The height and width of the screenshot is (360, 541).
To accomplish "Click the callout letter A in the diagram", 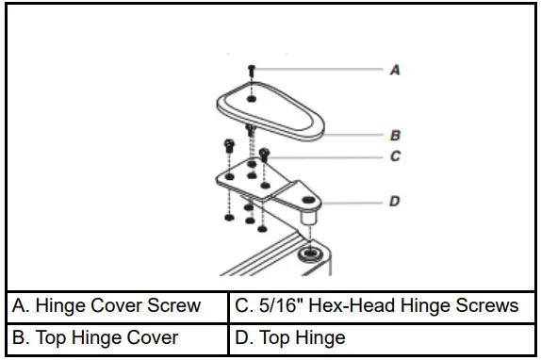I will click(x=395, y=70).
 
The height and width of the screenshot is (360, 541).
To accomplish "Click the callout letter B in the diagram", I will click(x=395, y=136).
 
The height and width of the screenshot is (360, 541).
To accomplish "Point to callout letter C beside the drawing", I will click(x=395, y=156).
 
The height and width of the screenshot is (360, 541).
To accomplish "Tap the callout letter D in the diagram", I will click(x=395, y=201).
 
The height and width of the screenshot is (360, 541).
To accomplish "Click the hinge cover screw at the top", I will click(x=252, y=70).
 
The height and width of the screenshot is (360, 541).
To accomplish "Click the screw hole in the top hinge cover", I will click(x=253, y=97).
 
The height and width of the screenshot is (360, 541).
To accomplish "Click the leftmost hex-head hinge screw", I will click(x=229, y=145).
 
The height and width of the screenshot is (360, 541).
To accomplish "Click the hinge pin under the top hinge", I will click(x=306, y=221).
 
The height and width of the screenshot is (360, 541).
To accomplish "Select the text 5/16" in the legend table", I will click(x=273, y=306).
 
